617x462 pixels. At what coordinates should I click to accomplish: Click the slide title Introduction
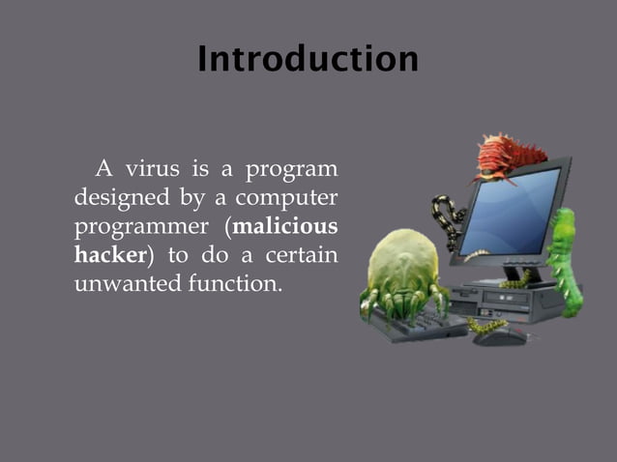point(308,60)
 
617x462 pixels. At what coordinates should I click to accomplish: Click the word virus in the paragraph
point(153,170)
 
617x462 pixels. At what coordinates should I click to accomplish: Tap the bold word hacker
point(109,257)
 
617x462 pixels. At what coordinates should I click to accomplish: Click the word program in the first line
point(291,170)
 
